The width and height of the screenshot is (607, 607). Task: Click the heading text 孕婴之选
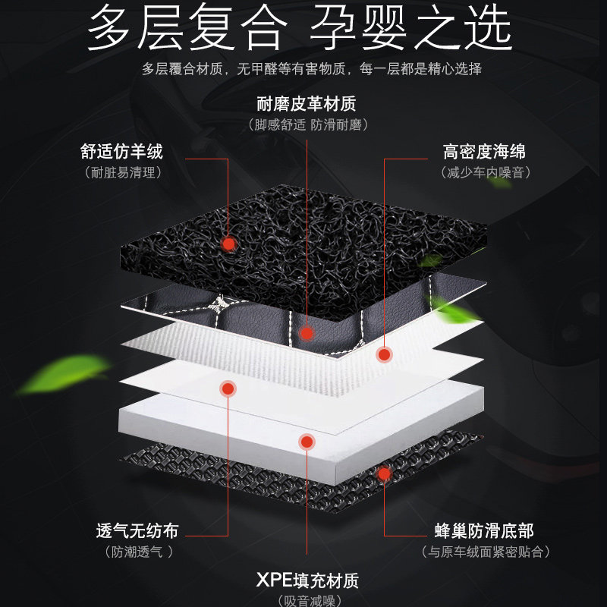410,30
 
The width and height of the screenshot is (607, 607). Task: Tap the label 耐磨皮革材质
307,104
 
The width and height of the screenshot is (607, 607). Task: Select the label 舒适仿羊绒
122,151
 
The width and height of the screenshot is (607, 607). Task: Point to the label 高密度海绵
485,151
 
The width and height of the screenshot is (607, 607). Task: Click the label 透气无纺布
137,531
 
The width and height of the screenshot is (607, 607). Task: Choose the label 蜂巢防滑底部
485,531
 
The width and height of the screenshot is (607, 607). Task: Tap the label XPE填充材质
307,582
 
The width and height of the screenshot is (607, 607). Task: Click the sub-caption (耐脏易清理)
122,173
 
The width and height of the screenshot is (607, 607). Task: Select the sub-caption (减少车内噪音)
485,173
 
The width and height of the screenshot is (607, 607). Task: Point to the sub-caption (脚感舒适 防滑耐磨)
307,124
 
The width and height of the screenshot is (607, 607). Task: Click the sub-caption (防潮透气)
137,552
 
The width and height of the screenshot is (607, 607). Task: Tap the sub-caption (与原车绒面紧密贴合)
485,552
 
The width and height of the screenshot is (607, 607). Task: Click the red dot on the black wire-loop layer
228,244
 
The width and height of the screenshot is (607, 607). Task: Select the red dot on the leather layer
307,333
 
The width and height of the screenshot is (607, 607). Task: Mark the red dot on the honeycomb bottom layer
384,473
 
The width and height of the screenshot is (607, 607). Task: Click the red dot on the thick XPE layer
307,441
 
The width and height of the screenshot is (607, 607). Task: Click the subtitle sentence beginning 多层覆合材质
311,69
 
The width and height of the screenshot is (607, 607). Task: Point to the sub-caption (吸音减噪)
307,602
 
